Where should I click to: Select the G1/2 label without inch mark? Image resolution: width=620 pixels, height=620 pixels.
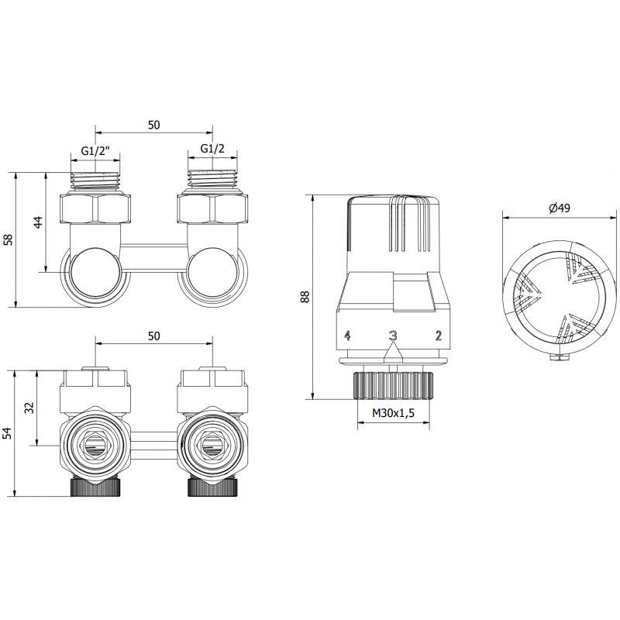(212, 149)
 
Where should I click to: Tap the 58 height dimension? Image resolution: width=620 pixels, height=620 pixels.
(9, 239)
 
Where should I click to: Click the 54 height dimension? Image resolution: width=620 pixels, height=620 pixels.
(9, 433)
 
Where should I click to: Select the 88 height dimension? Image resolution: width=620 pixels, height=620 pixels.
(305, 296)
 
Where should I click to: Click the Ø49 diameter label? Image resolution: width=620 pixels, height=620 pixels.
(560, 208)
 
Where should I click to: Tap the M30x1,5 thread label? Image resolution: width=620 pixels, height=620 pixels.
(394, 413)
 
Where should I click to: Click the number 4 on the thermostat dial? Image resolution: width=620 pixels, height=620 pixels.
(347, 336)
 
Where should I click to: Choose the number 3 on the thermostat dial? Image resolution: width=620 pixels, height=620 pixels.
(393, 336)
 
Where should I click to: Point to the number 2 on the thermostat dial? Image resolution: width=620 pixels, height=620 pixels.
(439, 336)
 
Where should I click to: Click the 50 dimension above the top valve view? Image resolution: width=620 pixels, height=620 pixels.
(153, 125)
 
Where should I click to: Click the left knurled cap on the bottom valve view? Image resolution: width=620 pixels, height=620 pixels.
(95, 487)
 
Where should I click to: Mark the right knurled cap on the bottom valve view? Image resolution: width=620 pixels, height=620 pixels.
(212, 487)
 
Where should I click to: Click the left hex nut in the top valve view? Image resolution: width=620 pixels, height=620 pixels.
(95, 208)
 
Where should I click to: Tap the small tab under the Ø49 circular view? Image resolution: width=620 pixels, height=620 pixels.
(560, 357)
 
